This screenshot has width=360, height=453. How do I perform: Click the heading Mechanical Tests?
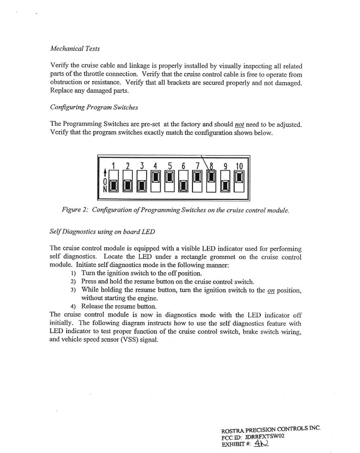75,48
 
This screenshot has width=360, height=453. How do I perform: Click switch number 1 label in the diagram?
114,166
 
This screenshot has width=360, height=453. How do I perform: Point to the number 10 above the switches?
239,166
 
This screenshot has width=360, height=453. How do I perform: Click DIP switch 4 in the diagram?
156,180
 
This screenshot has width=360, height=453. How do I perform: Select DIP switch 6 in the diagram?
183,180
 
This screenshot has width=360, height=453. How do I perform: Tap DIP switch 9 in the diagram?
225,180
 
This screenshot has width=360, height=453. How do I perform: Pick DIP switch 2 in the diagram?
128,180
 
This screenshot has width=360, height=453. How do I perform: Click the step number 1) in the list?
74,273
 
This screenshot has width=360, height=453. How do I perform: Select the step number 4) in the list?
74,306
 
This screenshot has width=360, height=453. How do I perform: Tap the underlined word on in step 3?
273,290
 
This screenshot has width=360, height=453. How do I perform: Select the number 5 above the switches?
170,166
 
